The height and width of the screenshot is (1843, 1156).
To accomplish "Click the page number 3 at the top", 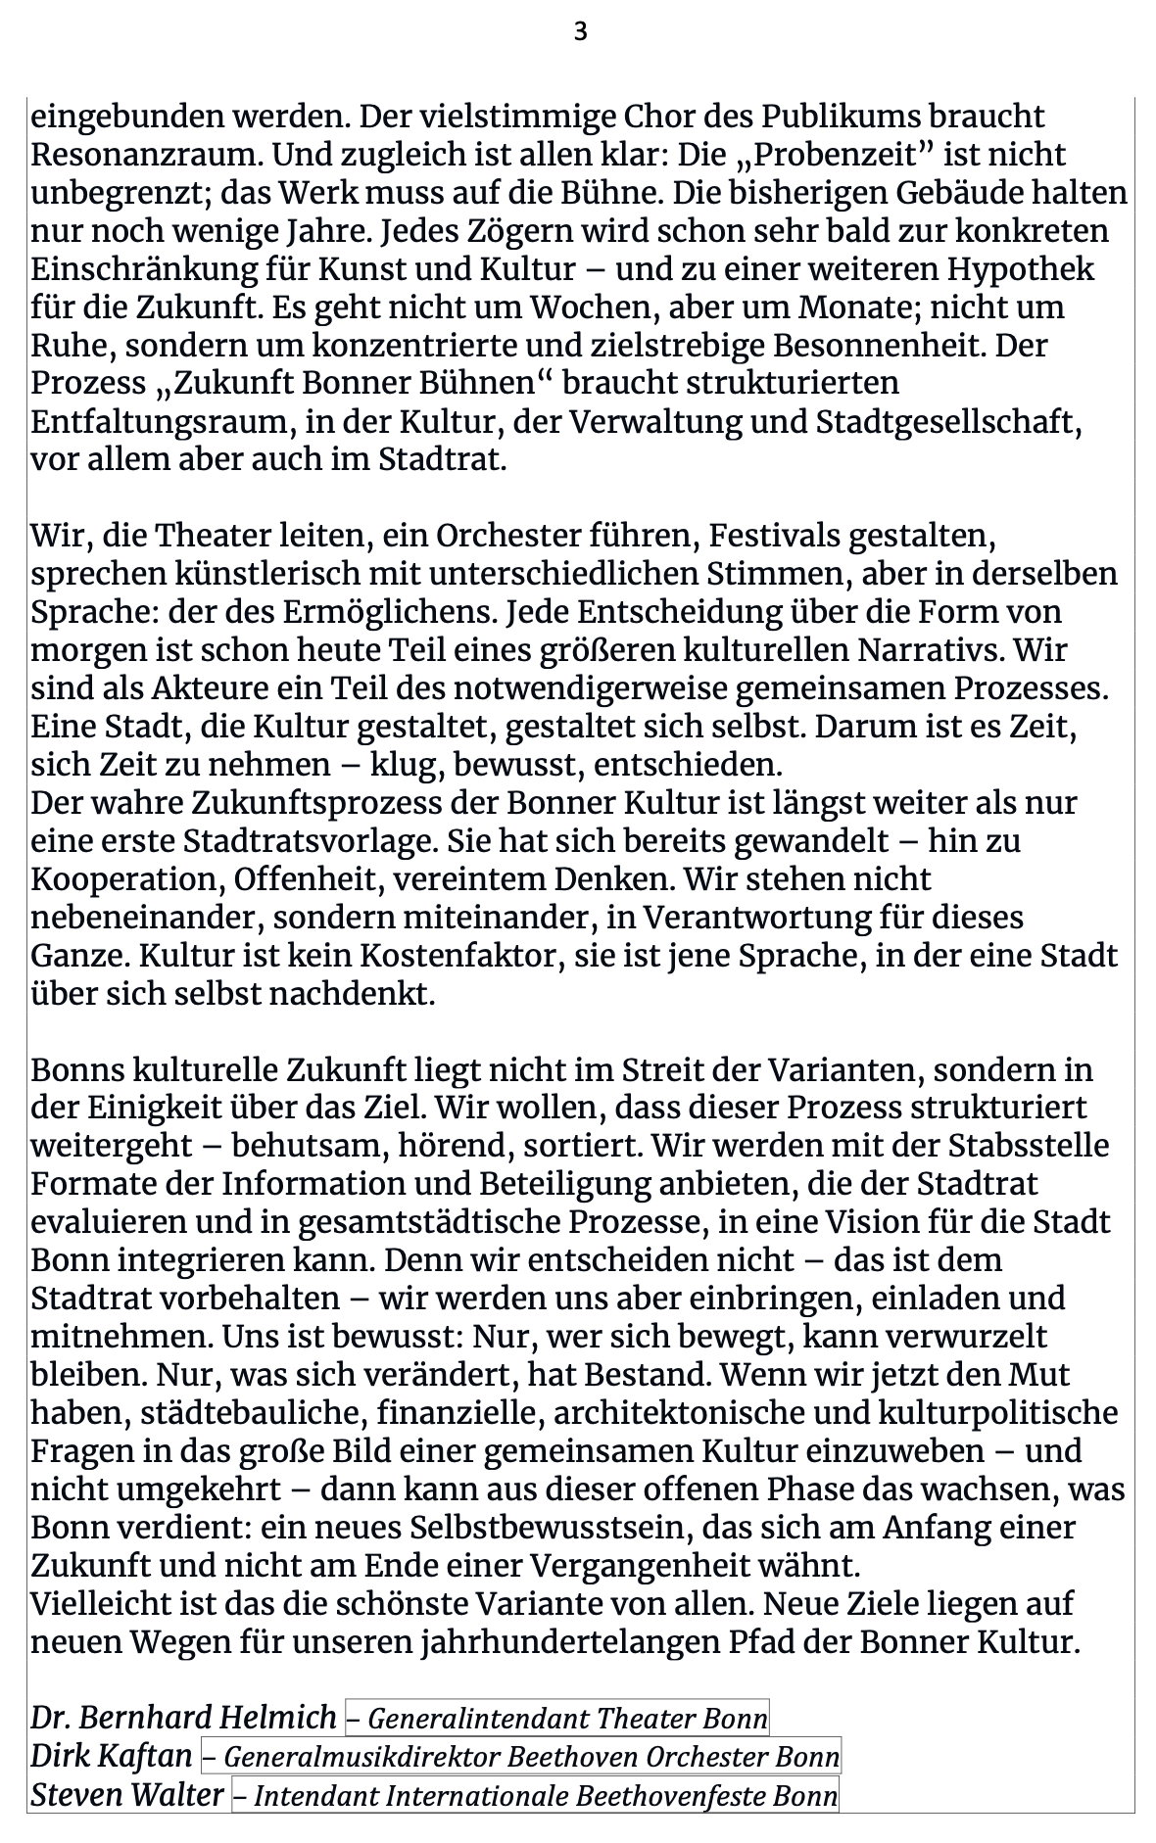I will pos(580,32).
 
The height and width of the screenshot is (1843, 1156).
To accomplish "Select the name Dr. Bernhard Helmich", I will pos(183,1718).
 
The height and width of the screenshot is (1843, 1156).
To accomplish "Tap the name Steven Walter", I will pos(127,1794).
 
